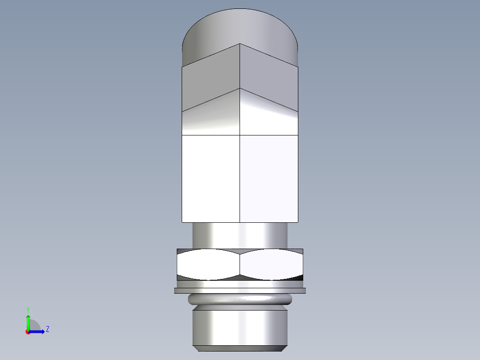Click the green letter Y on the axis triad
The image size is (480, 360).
(28, 309)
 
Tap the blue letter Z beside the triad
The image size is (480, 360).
(47, 329)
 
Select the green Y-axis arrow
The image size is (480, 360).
(28, 320)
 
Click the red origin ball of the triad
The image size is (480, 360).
(28, 332)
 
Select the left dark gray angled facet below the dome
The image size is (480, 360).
(210, 80)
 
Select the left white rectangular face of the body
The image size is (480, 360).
(211, 178)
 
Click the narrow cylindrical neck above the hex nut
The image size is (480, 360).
(240, 235)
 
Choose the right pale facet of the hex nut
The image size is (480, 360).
(271, 265)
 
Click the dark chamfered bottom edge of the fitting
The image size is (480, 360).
(240, 348)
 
